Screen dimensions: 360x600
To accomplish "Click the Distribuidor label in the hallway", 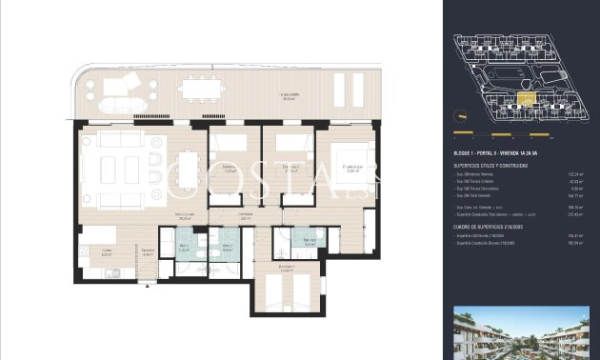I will point(246,217).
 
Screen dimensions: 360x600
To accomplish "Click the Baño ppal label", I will point(310,243).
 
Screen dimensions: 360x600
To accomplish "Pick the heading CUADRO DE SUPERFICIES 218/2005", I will point(494,226).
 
